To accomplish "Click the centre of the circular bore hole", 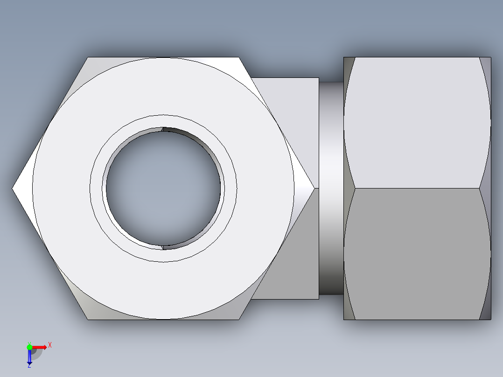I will tap(163, 188).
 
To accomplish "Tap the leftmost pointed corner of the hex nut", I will tap(13, 188).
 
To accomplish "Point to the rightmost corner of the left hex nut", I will tap(314, 188).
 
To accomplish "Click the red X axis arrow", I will tap(40, 347).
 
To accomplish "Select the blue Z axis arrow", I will tap(29, 357).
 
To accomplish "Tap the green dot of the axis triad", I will tap(29, 347).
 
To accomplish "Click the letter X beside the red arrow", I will tap(50, 345).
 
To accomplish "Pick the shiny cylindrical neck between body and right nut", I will tap(331, 188).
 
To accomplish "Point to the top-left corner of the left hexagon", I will tap(88, 57).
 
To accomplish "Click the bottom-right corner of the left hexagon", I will tap(239, 320).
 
